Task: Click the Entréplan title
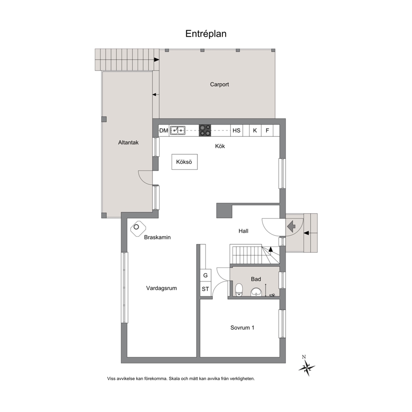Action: click(x=206, y=34)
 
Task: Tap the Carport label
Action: click(x=219, y=84)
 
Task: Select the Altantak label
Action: click(x=128, y=142)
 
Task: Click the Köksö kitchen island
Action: click(x=184, y=162)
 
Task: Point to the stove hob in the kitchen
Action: click(x=205, y=130)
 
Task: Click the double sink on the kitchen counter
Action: click(x=178, y=130)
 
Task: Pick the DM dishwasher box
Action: click(x=164, y=130)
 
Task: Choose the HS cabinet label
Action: click(x=236, y=130)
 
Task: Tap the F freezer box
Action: click(x=267, y=130)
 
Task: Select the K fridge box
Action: click(x=255, y=130)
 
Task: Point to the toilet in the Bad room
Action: click(x=239, y=290)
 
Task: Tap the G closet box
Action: click(x=206, y=275)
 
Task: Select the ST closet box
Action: click(x=206, y=289)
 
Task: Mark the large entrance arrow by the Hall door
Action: click(x=292, y=226)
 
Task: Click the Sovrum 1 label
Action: click(x=242, y=328)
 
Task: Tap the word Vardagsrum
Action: click(x=161, y=288)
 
